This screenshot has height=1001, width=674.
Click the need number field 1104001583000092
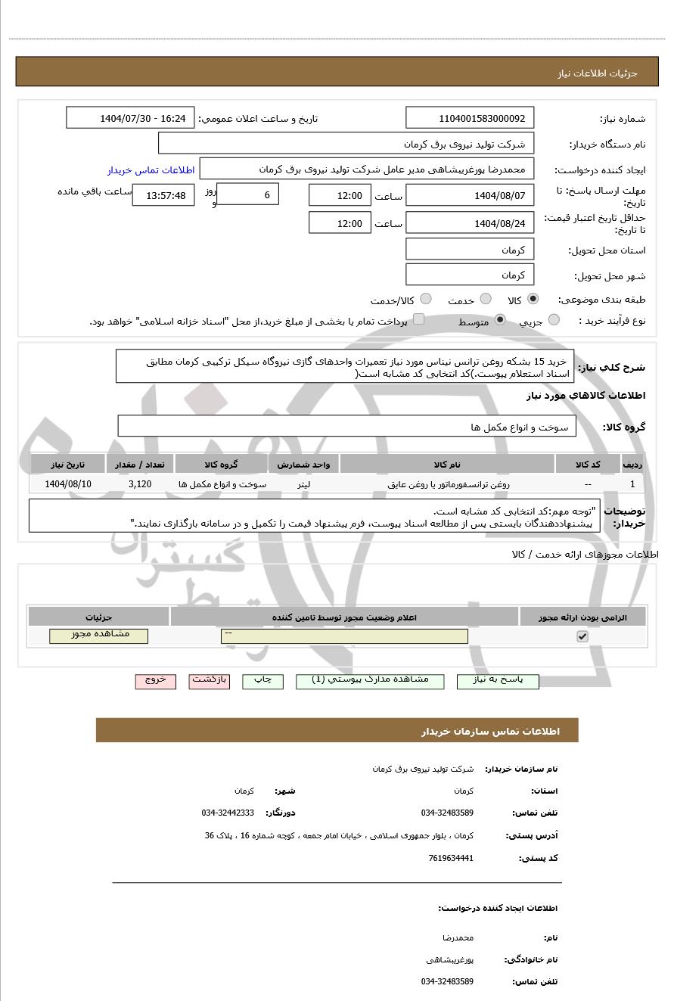pos(470,118)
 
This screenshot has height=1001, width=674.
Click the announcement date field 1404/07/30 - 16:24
pos(130,118)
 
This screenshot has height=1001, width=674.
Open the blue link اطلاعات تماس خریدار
pos(151,170)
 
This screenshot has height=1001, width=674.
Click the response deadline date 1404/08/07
pos(470,195)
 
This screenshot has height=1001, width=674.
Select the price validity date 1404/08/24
pos(470,223)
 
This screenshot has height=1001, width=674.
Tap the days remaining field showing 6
pos(247,194)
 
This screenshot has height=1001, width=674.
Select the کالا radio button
pos(533,299)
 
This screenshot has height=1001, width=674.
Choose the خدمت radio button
pos(486,299)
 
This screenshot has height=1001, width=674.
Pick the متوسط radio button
pos(500,320)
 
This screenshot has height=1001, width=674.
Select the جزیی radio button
pos(554,320)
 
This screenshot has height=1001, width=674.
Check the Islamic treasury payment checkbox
pos(418,319)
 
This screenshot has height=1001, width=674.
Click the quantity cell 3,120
pos(140,484)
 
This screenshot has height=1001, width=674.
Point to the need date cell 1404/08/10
pos(68,484)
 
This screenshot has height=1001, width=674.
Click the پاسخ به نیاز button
pos(498,681)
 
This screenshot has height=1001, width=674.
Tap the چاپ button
pos(262,681)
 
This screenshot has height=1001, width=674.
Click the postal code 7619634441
pos(451,858)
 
